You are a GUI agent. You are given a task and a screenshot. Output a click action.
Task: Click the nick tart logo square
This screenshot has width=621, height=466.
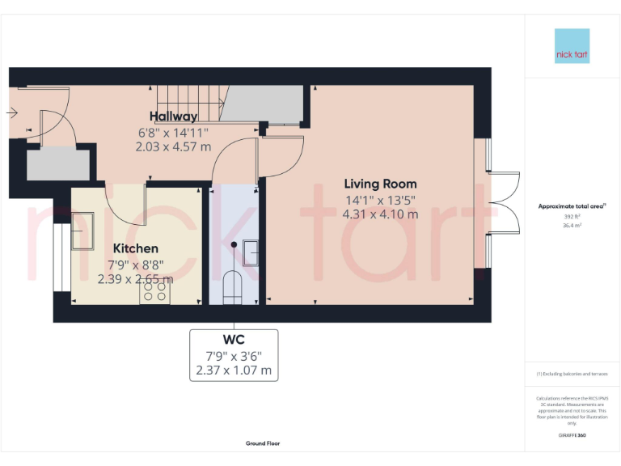pyautogui.click(x=572, y=46)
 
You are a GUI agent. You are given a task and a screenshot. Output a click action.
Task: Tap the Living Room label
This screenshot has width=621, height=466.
pyautogui.click(x=380, y=184)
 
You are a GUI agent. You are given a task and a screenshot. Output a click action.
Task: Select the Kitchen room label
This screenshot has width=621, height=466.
pyautogui.click(x=135, y=248)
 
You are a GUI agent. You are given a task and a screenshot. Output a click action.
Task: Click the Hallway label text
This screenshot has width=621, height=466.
pyautogui.click(x=173, y=116)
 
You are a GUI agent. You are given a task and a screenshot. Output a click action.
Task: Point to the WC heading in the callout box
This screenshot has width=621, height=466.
pyautogui.click(x=234, y=340)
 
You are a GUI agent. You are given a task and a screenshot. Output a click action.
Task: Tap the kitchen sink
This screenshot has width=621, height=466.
pyautogui.click(x=83, y=230)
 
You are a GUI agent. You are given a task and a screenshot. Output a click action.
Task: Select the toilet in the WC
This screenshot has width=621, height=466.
pyautogui.click(x=233, y=287)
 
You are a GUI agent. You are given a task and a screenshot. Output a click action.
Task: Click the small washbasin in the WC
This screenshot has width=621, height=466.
pyautogui.click(x=251, y=253)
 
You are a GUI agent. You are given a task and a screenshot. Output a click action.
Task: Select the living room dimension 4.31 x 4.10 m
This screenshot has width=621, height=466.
pyautogui.click(x=380, y=214)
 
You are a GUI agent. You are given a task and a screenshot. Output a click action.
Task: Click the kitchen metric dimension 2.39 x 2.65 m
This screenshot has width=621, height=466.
pyautogui.click(x=135, y=279)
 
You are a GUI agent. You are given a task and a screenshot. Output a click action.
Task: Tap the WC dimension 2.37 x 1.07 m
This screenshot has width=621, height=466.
pyautogui.click(x=234, y=371)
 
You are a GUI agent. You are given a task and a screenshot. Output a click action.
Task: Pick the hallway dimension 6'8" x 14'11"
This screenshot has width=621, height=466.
pyautogui.click(x=173, y=132)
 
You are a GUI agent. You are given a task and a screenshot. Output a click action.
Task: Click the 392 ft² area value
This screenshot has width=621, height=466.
pyautogui.click(x=572, y=217)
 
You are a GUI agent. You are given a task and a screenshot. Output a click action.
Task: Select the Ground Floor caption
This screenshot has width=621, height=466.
pyautogui.click(x=263, y=443)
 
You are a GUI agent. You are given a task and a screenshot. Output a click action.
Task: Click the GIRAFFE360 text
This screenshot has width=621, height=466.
pyautogui.click(x=572, y=436)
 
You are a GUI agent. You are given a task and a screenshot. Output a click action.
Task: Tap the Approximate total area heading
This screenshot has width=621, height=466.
pyautogui.click(x=572, y=207)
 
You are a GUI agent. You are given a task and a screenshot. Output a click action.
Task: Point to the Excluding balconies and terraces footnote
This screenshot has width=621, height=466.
pyautogui.click(x=572, y=374)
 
